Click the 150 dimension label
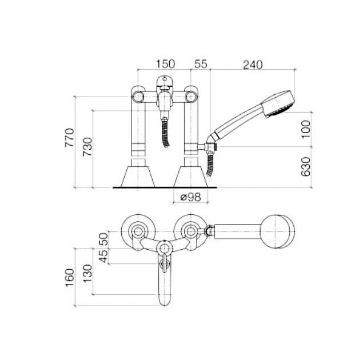click(x=166, y=64)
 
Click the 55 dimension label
click(x=201, y=64)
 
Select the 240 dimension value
click(x=253, y=65)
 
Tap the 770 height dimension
click(x=69, y=138)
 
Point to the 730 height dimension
click(x=87, y=147)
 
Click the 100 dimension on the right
click(x=306, y=129)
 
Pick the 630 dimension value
click(x=306, y=167)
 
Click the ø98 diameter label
click(x=190, y=197)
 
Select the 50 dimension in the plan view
click(x=103, y=239)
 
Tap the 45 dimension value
click(x=103, y=256)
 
